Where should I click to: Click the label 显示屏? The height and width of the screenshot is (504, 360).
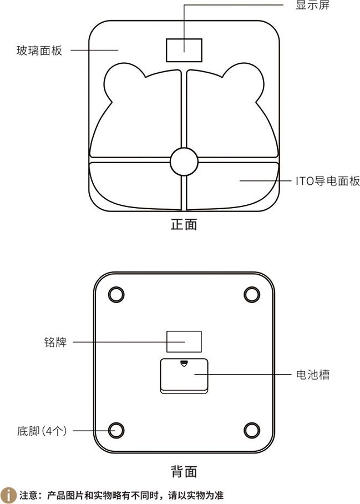(x=312, y=5)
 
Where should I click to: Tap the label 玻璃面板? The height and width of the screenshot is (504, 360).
(x=39, y=51)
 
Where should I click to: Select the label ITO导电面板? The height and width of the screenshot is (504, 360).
(x=328, y=181)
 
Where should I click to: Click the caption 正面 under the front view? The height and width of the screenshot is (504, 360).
(x=184, y=224)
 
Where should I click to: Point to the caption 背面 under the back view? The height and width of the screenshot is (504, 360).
(x=184, y=472)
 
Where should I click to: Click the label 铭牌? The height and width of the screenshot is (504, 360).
(x=55, y=342)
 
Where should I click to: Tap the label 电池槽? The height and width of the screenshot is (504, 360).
(x=313, y=375)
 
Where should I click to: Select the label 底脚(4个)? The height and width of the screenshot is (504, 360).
(x=42, y=431)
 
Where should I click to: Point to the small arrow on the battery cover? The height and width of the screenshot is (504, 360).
(x=184, y=364)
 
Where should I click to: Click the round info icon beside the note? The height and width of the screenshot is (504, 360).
(x=8, y=495)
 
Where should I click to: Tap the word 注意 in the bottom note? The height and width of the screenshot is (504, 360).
(x=29, y=495)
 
